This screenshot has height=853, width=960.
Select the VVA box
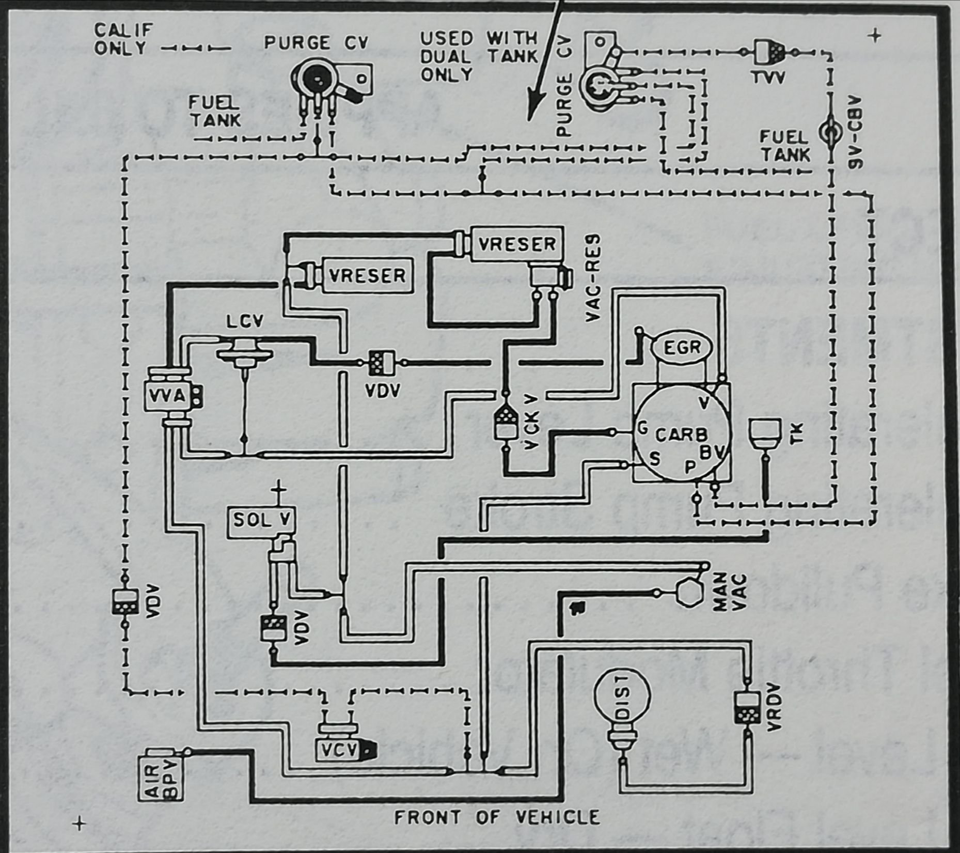[x=167, y=396]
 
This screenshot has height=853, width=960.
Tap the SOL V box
[x=261, y=520]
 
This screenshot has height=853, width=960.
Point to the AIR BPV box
[x=160, y=775]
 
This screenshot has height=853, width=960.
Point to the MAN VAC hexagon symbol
[x=687, y=592]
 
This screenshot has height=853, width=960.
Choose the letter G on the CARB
[x=643, y=428]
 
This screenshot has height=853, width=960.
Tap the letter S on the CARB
[x=655, y=458]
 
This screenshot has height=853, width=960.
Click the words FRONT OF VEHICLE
[x=497, y=817]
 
